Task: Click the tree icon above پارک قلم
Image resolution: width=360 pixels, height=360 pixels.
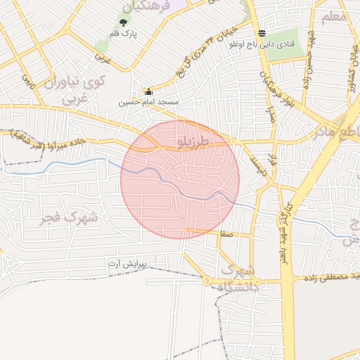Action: click(x=124, y=23)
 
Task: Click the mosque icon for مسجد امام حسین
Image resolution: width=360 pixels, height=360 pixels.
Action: click(x=148, y=92)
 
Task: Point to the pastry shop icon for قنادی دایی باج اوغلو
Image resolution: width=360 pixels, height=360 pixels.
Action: click(x=262, y=33)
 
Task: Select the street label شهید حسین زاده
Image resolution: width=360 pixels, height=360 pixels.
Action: click(x=307, y=63)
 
